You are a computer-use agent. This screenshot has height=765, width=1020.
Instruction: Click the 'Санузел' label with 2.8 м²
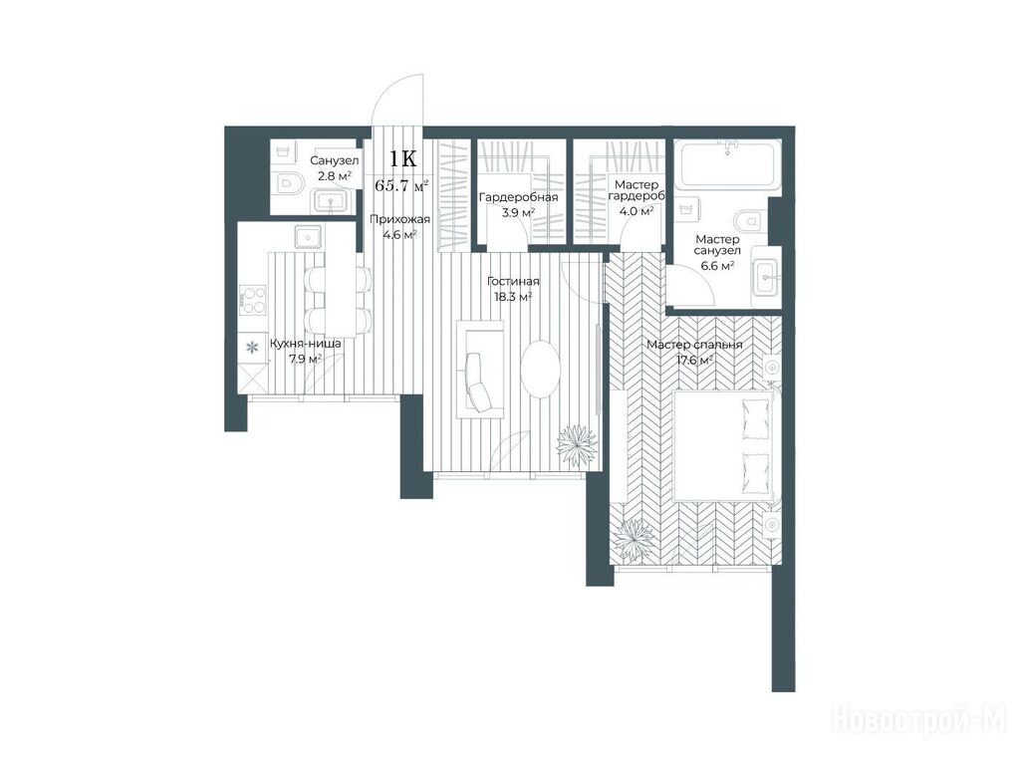(334, 160)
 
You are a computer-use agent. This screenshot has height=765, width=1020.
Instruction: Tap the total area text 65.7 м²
(401, 186)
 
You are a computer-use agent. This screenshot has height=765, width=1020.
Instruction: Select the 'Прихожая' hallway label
(400, 220)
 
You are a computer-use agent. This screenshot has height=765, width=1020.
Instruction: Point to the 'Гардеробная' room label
(518, 197)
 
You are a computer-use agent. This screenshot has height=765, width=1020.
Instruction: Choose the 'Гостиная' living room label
(513, 282)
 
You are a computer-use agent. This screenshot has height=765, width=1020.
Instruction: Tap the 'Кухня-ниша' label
(306, 344)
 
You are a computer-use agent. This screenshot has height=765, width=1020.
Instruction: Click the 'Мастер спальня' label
(694, 346)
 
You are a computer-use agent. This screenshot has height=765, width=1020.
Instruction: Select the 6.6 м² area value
(717, 265)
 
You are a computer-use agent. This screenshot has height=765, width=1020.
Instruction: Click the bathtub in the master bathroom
(728, 166)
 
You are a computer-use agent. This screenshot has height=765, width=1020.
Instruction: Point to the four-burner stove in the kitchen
(253, 301)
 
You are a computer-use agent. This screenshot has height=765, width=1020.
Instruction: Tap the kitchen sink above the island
(308, 236)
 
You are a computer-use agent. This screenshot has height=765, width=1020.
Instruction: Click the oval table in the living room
(540, 368)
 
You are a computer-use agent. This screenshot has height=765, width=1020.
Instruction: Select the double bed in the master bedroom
(724, 445)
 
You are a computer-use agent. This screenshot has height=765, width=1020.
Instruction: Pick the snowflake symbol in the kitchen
(252, 348)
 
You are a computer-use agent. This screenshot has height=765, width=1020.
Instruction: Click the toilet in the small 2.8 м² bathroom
(287, 184)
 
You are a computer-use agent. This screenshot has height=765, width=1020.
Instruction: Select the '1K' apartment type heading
(402, 158)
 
